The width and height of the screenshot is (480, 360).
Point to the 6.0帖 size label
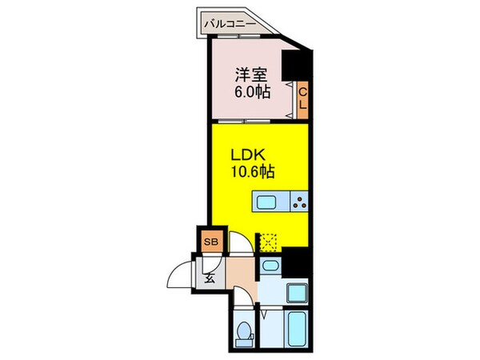pyautogui.click(x=250, y=91)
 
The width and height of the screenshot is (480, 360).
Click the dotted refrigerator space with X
pyautogui.click(x=267, y=240)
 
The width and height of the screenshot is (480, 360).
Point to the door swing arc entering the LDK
pyautogui.click(x=240, y=242)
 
